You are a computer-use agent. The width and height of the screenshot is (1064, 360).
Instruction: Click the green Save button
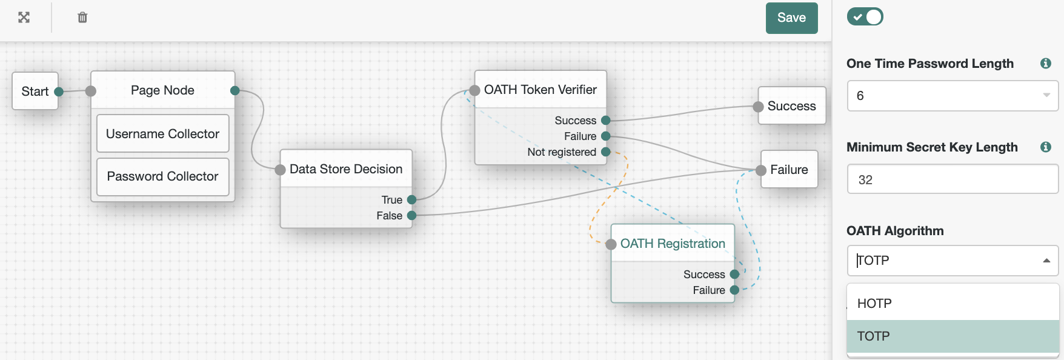[x=791, y=18]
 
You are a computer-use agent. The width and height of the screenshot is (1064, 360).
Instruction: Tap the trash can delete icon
[x=82, y=18]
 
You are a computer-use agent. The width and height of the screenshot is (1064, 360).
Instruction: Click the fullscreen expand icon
[x=24, y=18]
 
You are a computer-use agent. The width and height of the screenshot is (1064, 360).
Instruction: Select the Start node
[x=35, y=92]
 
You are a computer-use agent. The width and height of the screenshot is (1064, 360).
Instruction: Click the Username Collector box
[x=162, y=134]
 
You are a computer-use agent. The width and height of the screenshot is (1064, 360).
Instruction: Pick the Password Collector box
[x=162, y=176]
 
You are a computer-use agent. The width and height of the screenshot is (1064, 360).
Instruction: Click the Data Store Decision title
[x=345, y=169]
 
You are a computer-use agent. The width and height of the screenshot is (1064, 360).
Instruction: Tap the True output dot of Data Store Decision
[x=412, y=200]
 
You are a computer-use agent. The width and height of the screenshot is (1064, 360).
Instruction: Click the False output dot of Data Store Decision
[x=412, y=216]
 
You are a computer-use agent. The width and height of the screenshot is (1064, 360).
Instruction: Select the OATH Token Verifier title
[x=540, y=90]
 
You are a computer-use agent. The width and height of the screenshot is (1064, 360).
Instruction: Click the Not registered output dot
[x=605, y=152]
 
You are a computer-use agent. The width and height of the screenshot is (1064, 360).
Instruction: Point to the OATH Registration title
[x=673, y=244]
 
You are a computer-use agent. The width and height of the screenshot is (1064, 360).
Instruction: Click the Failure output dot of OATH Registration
[x=734, y=290]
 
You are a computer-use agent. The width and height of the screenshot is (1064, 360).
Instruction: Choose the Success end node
[x=791, y=106]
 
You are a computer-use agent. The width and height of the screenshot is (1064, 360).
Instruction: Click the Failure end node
[x=789, y=170]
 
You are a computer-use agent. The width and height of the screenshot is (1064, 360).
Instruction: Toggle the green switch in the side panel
[x=865, y=17]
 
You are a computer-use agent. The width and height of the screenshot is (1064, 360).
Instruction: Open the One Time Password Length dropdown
[x=952, y=96]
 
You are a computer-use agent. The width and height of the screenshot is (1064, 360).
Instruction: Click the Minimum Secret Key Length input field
[x=952, y=180]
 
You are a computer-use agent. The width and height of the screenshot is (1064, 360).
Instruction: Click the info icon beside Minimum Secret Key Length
[x=1045, y=147]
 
